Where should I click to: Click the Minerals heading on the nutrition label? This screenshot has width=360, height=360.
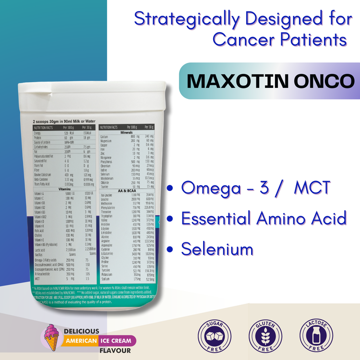[x=127, y=132]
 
